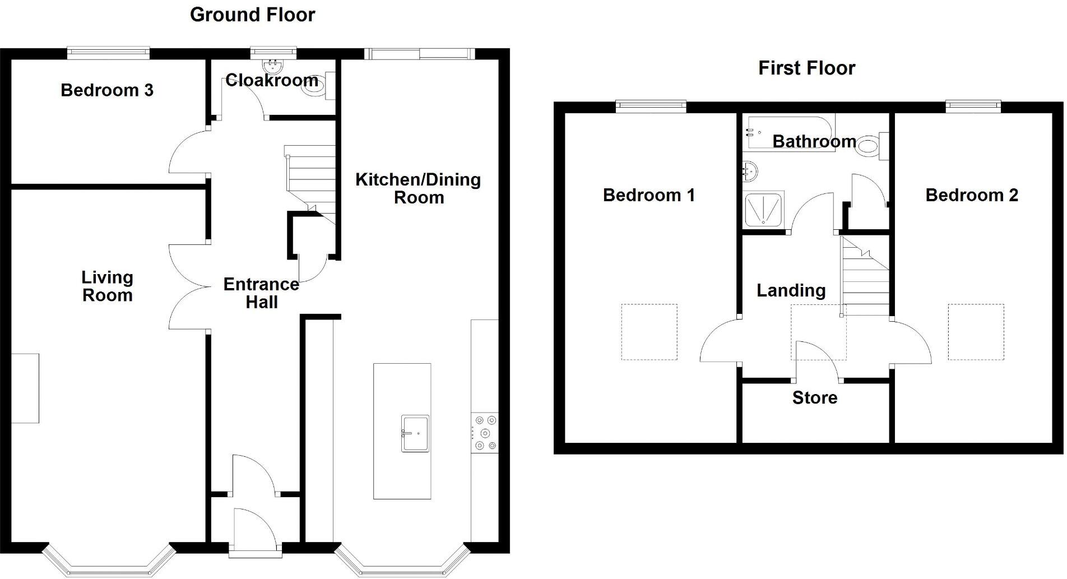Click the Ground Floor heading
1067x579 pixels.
(x=252, y=15)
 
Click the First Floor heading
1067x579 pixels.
(x=806, y=68)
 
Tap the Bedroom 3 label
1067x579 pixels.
(x=106, y=90)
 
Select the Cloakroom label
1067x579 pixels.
(x=271, y=80)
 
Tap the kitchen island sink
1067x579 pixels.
(x=415, y=433)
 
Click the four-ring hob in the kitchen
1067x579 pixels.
(x=485, y=432)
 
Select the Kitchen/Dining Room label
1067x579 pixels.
(x=418, y=188)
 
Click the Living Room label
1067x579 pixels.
(x=107, y=286)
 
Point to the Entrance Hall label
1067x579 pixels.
(x=261, y=293)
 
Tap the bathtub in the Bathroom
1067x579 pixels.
(x=787, y=132)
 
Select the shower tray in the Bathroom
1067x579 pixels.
(x=764, y=210)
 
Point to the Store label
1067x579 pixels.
(x=814, y=398)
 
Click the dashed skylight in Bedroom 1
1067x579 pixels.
(x=649, y=332)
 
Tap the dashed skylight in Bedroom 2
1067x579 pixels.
(x=976, y=332)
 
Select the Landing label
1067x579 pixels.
(x=791, y=290)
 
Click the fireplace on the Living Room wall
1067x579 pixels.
(x=25, y=388)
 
